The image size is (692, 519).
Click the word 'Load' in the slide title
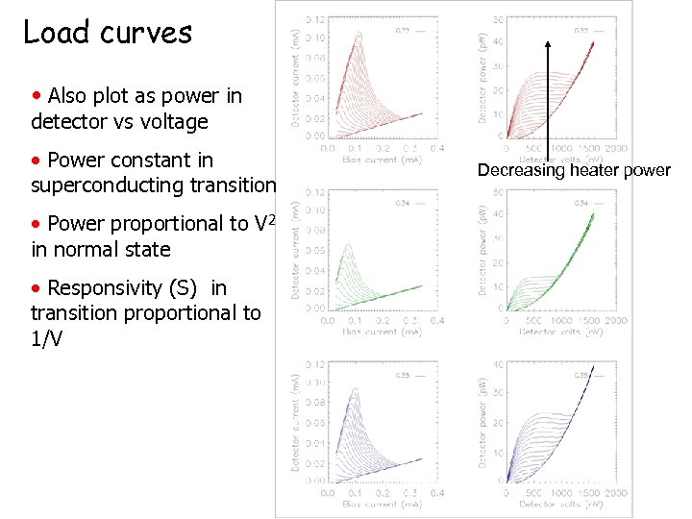[55, 32]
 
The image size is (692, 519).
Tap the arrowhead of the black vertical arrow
[547, 42]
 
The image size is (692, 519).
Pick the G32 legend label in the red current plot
[404, 31]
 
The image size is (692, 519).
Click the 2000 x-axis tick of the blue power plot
[615, 493]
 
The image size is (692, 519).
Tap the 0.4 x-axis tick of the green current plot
[437, 320]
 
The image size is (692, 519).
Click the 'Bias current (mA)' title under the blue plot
[382, 504]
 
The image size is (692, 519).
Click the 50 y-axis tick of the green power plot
[498, 192]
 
